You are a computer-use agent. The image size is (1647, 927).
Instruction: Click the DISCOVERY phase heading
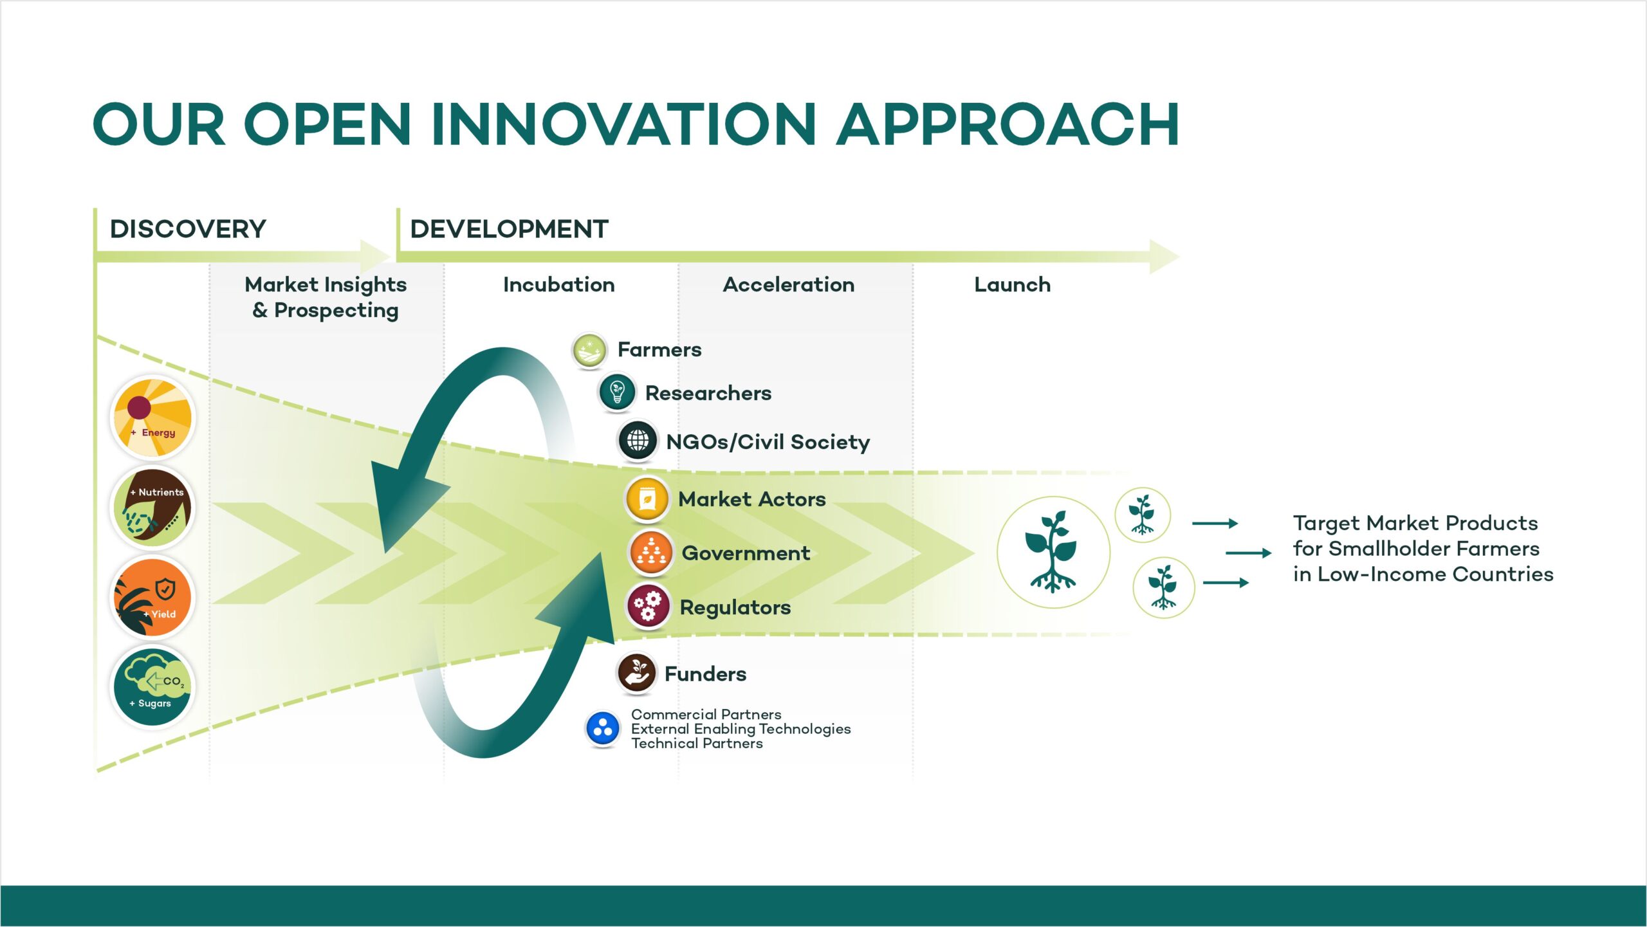[x=188, y=229]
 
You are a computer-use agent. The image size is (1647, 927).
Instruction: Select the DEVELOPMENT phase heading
[x=509, y=229]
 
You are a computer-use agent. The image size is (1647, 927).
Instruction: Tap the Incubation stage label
[x=559, y=284]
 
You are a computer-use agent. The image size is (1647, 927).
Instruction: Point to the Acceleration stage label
[x=789, y=284]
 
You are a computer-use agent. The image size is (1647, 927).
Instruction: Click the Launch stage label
[x=1013, y=284]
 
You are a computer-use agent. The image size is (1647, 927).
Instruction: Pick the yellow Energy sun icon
[x=152, y=418]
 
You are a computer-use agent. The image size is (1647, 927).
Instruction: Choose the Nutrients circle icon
[x=152, y=508]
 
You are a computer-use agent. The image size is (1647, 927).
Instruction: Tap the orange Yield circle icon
[x=152, y=597]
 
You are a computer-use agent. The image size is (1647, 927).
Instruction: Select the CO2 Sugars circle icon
[x=152, y=686]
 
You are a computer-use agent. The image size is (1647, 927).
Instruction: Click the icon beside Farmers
[x=589, y=351]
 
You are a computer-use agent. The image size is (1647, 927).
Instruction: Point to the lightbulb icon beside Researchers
[x=617, y=392]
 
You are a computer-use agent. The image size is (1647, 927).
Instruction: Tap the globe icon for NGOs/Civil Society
[x=638, y=441]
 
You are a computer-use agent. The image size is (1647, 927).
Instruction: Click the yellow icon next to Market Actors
[x=648, y=499]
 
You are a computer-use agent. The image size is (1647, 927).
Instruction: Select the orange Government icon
[x=651, y=553]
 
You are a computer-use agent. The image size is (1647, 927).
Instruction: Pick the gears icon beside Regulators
[x=649, y=606]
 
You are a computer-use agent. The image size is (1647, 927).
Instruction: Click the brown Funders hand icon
[x=637, y=673]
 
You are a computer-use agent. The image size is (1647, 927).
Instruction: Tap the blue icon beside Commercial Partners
[x=603, y=729]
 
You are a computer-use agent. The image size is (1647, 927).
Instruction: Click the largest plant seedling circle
[x=1053, y=552]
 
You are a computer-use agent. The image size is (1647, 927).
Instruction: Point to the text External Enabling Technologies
[x=741, y=729]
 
